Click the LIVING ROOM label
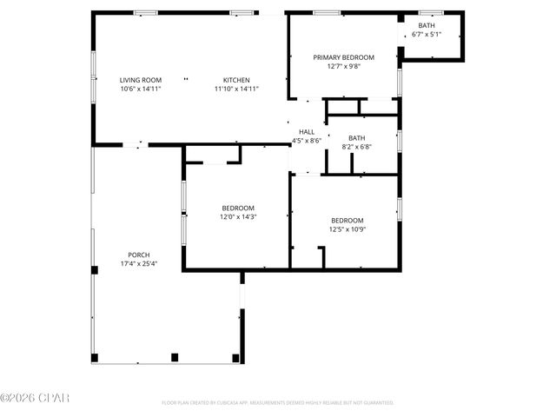(x=141, y=80)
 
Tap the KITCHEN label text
(x=236, y=80)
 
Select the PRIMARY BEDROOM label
(x=342, y=57)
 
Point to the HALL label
(x=307, y=131)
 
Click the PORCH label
(x=139, y=255)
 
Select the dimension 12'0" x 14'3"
(x=238, y=217)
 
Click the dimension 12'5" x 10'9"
(x=347, y=229)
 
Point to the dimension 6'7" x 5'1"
(x=427, y=35)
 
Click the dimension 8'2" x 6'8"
(x=357, y=147)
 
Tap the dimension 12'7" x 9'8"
(x=342, y=66)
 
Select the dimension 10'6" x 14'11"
(x=141, y=89)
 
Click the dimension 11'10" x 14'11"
(x=236, y=89)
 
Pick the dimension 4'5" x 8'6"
(x=307, y=140)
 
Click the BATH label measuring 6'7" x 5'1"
(x=427, y=26)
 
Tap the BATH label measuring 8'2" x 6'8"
(x=357, y=138)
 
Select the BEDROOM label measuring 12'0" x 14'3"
(x=238, y=208)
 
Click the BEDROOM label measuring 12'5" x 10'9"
(x=347, y=221)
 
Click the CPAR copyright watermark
(x=35, y=398)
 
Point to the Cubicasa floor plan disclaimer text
(x=278, y=403)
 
